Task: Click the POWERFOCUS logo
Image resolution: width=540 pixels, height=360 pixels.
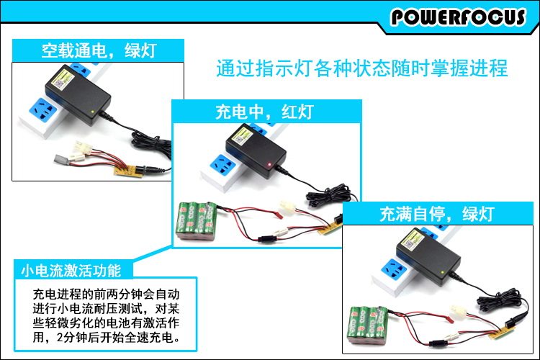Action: pyautogui.click(x=458, y=17)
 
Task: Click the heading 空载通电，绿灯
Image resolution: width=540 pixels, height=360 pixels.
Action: pyautogui.click(x=98, y=50)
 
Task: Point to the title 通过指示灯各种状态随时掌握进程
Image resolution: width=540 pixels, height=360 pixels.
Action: pyautogui.click(x=362, y=69)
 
